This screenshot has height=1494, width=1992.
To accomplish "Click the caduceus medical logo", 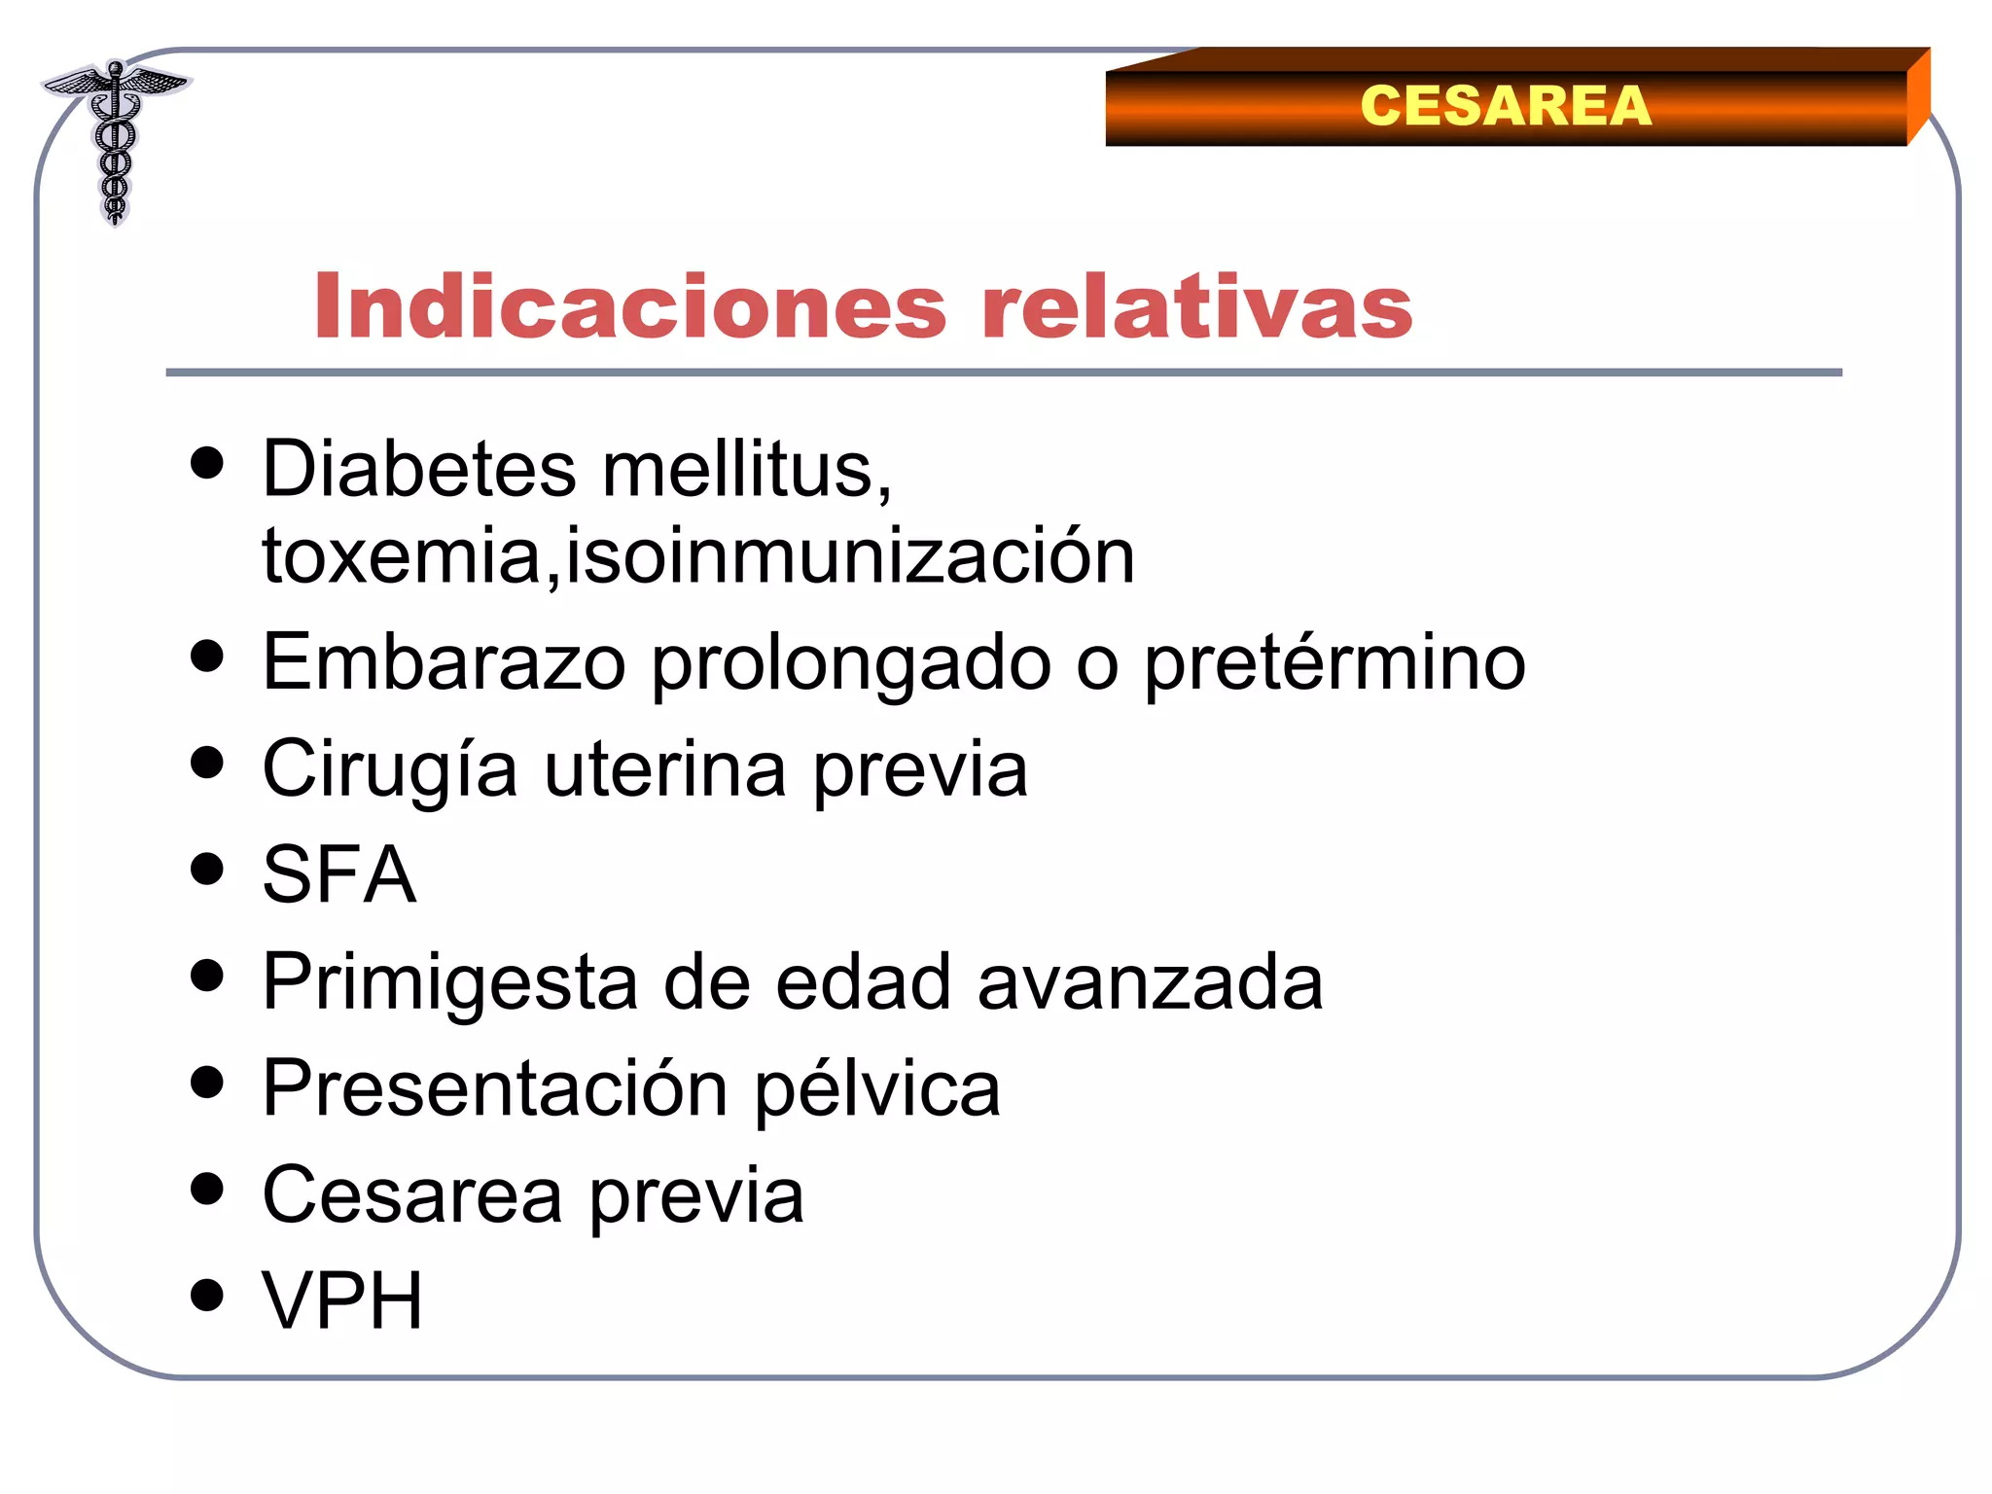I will pos(115,141).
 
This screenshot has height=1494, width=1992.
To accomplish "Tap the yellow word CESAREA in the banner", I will pos(1505,105).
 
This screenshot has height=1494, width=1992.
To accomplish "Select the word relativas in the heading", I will pos(1196,307).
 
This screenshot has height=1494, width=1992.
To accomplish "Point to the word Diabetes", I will pos(419,469).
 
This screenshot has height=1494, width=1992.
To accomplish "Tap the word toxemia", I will pos(402,556).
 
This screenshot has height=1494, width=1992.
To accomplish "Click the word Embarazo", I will pos(444,663).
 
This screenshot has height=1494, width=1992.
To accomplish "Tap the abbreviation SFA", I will pos(339,874).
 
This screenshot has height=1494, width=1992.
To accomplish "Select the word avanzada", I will pos(1150,982).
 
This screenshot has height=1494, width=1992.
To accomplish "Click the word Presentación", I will pos(495,1089).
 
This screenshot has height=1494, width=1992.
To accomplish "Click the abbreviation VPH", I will pos(342,1300).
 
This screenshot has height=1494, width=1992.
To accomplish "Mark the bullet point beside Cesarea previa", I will pos(207,1188).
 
